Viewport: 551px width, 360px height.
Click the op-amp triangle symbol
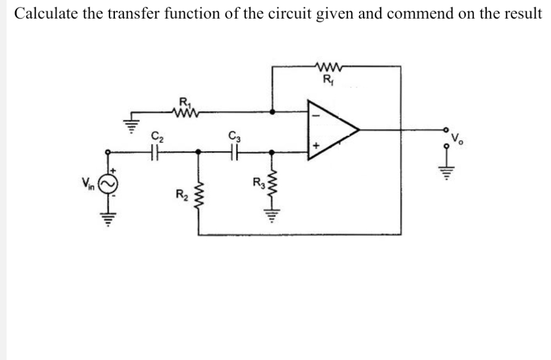coord(330,130)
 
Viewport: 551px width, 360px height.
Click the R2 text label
coord(180,193)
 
